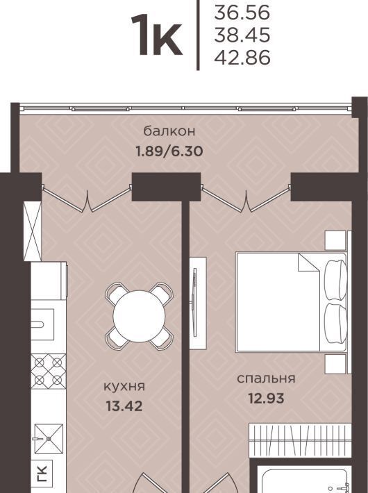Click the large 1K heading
click(156, 35)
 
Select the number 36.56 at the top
click(242, 13)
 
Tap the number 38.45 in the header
click(242, 35)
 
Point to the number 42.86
click(242, 58)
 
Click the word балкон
click(169, 131)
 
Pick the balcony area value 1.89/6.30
click(169, 151)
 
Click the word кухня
click(124, 386)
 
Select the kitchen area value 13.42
click(124, 406)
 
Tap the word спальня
click(266, 378)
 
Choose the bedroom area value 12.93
click(266, 399)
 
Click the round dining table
click(140, 316)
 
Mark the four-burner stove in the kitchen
click(49, 371)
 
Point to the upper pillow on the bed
click(335, 281)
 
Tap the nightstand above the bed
click(335, 241)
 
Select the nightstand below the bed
click(335, 364)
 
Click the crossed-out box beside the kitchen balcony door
click(33, 231)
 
